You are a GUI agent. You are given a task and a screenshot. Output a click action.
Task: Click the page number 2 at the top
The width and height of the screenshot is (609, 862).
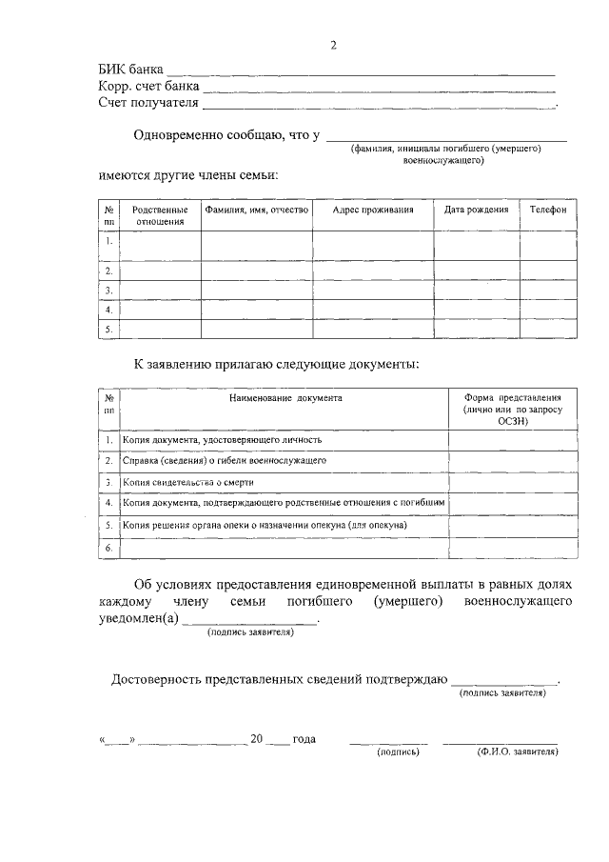333,45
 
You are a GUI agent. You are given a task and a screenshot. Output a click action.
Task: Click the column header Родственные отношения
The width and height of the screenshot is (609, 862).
160,215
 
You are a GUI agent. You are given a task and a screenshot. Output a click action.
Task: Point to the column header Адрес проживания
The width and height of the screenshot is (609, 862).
373,210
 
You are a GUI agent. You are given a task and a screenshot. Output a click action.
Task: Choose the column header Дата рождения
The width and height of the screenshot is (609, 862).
476,210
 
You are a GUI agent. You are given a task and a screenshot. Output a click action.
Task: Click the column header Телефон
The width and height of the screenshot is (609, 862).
547,210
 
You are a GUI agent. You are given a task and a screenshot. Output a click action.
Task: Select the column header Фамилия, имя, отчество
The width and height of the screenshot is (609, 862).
256,210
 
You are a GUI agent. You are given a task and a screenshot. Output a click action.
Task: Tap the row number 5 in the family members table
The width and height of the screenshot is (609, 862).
109,330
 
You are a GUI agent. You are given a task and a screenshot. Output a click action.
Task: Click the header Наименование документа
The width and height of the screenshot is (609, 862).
285,397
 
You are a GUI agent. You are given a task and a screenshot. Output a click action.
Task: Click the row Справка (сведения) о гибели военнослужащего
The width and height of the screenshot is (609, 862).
225,460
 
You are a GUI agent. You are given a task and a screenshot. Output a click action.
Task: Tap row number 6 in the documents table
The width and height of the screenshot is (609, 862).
109,548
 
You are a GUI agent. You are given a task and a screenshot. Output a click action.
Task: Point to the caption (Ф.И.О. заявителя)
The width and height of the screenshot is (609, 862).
517,752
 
